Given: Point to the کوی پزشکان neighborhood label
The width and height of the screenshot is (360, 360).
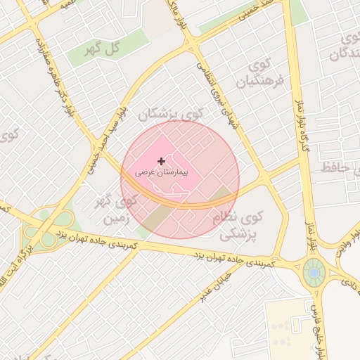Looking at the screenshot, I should click(171, 113).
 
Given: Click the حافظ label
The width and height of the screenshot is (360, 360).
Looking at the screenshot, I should click(335, 167).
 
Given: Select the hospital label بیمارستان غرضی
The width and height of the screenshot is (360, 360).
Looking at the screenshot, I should click(161, 171).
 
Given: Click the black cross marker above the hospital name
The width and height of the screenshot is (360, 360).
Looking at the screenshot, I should click(161, 161).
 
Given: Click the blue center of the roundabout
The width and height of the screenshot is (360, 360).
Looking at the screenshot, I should click(314, 271).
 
